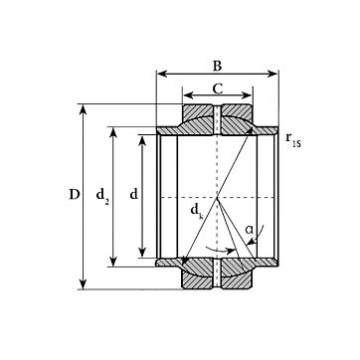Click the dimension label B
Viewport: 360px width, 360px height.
(x=217, y=66)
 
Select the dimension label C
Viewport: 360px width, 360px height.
(x=218, y=89)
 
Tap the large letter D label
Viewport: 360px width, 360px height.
(x=75, y=194)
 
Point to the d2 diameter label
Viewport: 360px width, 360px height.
(x=102, y=196)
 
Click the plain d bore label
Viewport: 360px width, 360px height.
(x=133, y=194)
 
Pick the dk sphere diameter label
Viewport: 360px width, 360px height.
(x=197, y=211)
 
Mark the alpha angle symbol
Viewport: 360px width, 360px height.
(x=249, y=229)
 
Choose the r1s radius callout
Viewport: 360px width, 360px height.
(x=293, y=139)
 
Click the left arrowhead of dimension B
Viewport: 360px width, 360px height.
(x=161, y=74)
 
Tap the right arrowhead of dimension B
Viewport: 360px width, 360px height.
(x=273, y=74)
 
